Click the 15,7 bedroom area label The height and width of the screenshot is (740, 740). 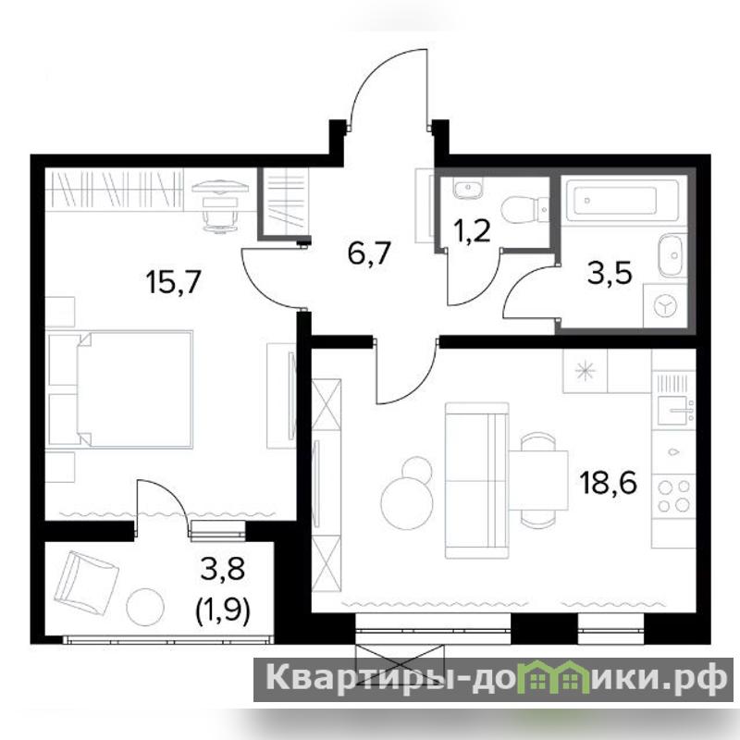tap(174, 282)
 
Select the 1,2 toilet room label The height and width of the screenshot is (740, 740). tap(470, 231)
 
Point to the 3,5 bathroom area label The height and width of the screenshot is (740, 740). tap(610, 274)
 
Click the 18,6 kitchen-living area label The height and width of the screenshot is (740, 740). tap(609, 482)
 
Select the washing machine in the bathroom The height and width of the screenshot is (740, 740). tap(665, 306)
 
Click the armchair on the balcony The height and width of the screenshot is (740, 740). tap(86, 580)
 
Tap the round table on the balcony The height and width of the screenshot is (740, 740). tap(145, 607)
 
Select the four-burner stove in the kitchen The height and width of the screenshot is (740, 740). tap(673, 495)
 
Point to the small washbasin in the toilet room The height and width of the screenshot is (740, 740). tap(467, 189)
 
